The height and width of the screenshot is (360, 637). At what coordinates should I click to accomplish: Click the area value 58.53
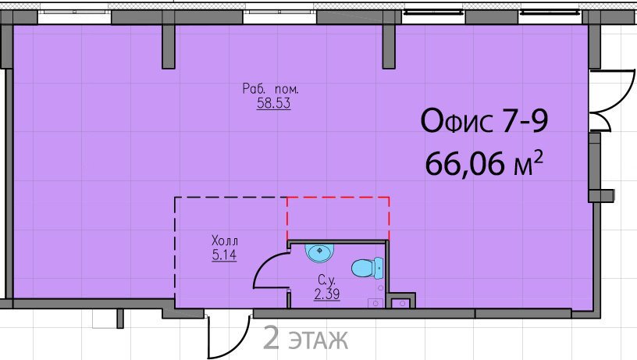point(273,103)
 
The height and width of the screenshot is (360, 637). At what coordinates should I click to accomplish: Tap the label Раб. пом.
point(271,88)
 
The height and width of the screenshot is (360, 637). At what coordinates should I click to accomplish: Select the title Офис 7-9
point(484,121)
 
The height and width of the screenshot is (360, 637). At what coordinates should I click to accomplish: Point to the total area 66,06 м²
point(484,162)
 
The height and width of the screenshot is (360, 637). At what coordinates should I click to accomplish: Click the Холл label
point(225,241)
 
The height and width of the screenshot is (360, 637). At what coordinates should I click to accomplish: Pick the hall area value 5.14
point(224,255)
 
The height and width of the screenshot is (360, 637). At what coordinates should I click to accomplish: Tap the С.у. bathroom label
point(326,280)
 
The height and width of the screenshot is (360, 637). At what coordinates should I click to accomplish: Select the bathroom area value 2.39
point(327,294)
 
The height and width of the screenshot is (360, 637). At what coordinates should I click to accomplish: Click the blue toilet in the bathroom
point(367,268)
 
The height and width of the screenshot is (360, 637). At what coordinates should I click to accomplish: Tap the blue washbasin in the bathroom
point(319,253)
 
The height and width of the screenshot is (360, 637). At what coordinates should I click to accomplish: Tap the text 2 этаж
point(305,338)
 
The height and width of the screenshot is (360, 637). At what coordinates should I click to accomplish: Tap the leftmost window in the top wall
point(75,12)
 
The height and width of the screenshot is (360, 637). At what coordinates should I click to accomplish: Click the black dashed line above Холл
point(231,198)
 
